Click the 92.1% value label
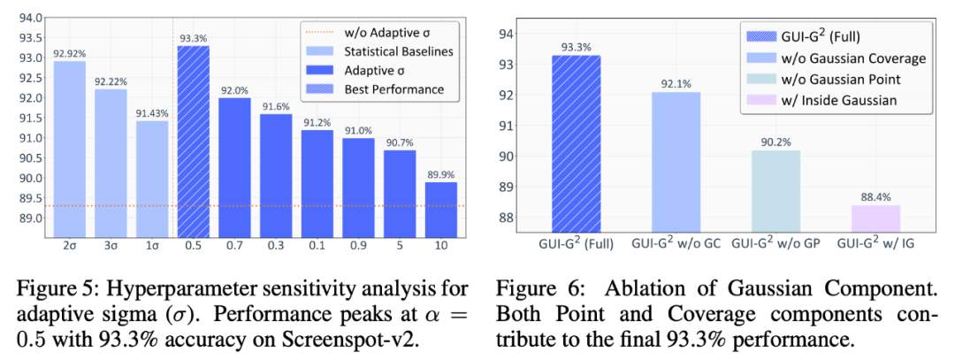pos(676,84)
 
